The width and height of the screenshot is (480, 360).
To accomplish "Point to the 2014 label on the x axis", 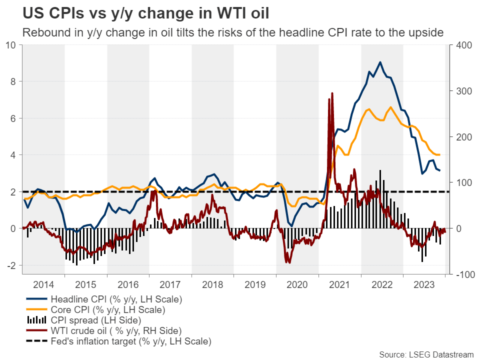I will pos(43,284).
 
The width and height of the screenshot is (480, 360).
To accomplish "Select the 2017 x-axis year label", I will pos(170,284).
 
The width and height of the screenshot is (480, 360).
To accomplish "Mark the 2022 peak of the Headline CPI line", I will pos(380,62).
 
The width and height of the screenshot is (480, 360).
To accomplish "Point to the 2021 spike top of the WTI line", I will pos(332,93).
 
